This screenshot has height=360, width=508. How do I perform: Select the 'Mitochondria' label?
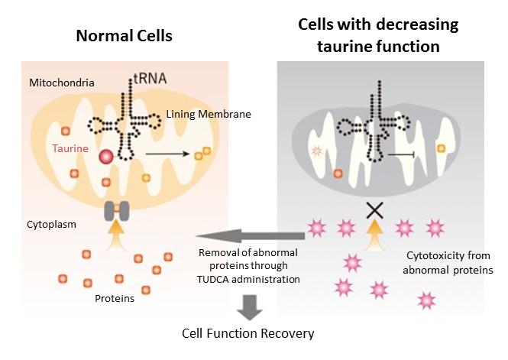(x=63, y=81)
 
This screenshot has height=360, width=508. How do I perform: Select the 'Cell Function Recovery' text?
(x=248, y=334)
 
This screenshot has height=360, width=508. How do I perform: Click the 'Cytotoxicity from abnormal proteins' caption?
(x=446, y=262)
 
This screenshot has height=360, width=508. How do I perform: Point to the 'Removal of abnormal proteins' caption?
(x=245, y=266)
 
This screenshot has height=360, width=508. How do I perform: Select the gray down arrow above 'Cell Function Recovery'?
(x=248, y=306)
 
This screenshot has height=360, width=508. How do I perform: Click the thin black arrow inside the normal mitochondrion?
(x=168, y=154)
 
